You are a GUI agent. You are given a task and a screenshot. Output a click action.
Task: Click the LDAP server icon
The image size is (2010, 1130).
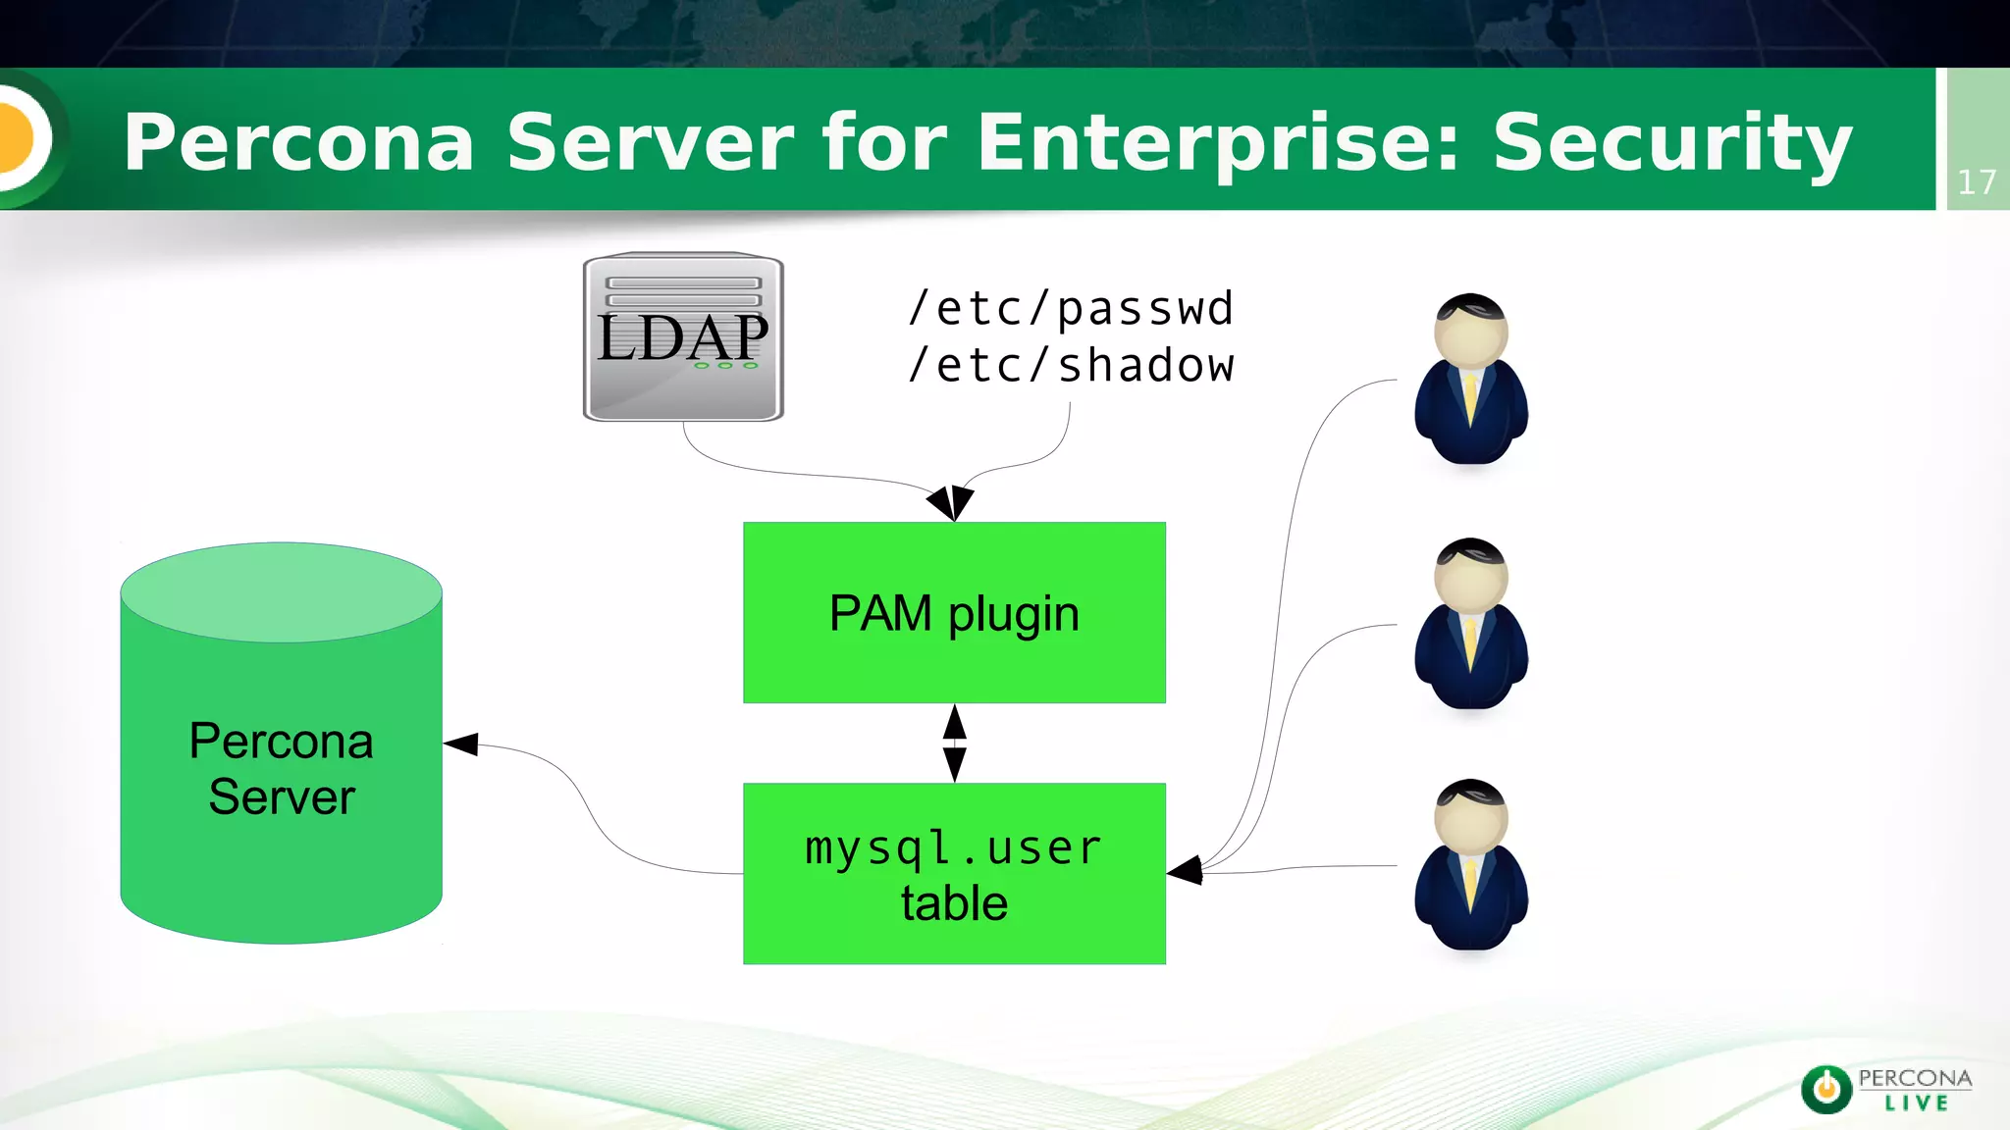pyautogui.click(x=683, y=337)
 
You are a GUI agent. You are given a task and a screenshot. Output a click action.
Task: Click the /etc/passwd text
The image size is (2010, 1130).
pyautogui.click(x=1071, y=309)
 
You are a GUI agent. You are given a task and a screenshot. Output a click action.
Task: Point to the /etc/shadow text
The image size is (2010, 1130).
pyautogui.click(x=1071, y=366)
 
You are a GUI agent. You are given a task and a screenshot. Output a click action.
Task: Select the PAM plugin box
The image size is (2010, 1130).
pyautogui.click(x=954, y=613)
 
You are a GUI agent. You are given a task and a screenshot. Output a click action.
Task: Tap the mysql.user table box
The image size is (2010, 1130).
pyautogui.click(x=954, y=874)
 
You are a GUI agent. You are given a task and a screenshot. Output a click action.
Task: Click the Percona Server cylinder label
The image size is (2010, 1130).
pyautogui.click(x=282, y=768)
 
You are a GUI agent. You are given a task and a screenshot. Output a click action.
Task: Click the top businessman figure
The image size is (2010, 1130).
pyautogui.click(x=1470, y=380)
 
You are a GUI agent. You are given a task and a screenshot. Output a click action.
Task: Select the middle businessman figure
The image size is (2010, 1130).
pyautogui.click(x=1470, y=624)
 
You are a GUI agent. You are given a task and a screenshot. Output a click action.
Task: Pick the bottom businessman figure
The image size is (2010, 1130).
pyautogui.click(x=1470, y=865)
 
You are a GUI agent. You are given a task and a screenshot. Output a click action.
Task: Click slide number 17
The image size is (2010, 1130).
pyautogui.click(x=1976, y=182)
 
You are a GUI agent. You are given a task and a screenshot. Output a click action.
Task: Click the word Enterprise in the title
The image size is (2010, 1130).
pyautogui.click(x=1218, y=143)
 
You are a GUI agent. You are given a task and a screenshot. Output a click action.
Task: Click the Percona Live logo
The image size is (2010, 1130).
pyautogui.click(x=1885, y=1089)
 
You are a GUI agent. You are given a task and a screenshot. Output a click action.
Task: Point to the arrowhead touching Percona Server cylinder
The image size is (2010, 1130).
pyautogui.click(x=462, y=745)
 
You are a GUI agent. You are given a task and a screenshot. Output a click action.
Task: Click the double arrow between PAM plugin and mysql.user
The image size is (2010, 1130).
pyautogui.click(x=954, y=743)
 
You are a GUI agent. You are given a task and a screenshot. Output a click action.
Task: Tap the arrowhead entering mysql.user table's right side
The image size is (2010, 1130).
pyautogui.click(x=1187, y=870)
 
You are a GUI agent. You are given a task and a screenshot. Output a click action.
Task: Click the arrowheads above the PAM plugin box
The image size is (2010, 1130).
pyautogui.click(x=951, y=502)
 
